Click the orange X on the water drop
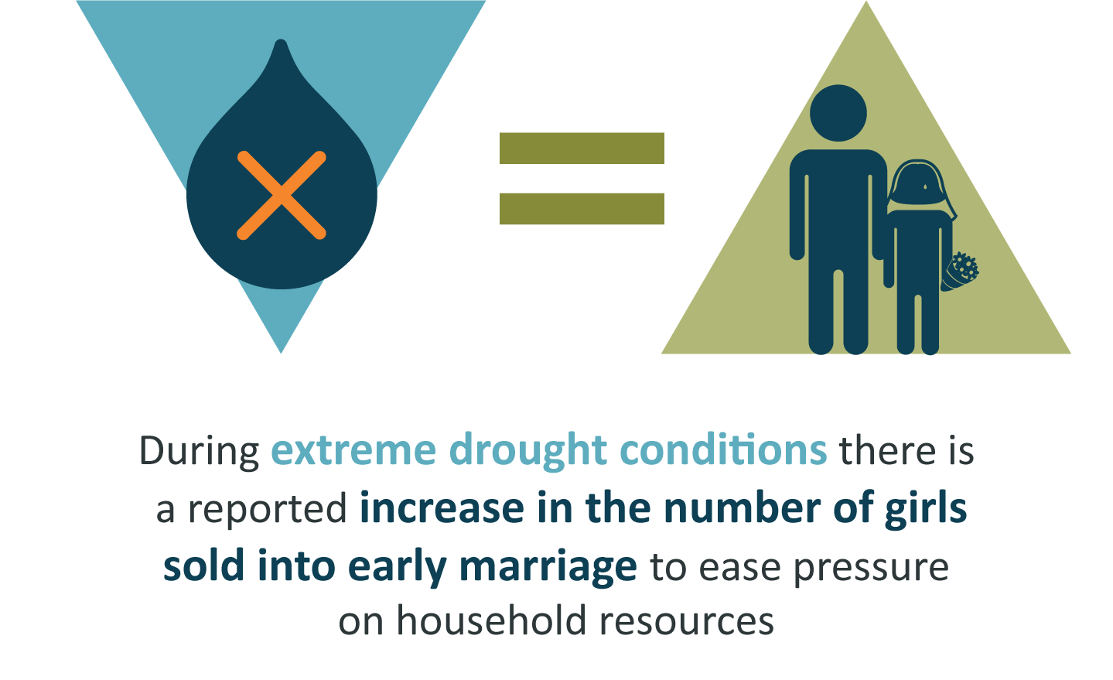tap(282, 196)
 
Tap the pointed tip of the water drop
tap(282, 40)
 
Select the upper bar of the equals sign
tap(582, 148)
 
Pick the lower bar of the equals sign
tap(582, 209)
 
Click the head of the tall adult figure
tap(838, 113)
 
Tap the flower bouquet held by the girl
tap(961, 272)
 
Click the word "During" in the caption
tap(200, 451)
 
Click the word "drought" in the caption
tap(527, 451)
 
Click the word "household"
tap(492, 620)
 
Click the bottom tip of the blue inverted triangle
tap(281, 353)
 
